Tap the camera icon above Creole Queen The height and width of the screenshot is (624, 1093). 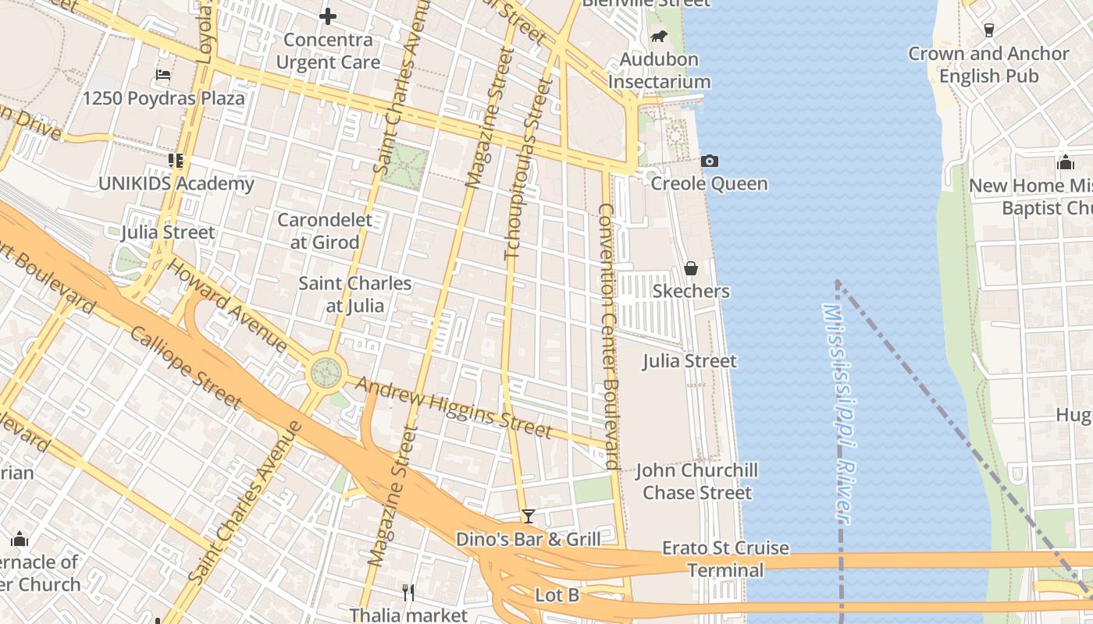[709, 161]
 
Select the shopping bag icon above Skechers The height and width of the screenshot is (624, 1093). [691, 269]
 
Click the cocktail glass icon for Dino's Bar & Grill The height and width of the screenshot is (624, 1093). [529, 516]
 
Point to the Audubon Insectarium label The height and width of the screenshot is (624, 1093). [659, 71]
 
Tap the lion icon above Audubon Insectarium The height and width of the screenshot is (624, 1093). [659, 37]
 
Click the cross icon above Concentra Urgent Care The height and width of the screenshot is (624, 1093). [328, 16]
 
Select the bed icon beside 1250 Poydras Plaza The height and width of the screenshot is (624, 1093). [163, 75]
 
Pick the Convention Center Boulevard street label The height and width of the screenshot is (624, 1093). [609, 335]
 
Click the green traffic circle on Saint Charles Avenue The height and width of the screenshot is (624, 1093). [326, 372]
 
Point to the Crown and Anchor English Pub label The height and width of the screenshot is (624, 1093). [988, 65]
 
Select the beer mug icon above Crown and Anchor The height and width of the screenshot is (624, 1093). [989, 30]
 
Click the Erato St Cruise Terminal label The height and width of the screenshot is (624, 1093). [725, 559]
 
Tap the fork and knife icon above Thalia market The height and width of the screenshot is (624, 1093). [408, 592]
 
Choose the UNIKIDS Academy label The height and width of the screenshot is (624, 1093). [176, 184]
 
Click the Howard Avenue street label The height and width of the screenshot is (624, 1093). [227, 305]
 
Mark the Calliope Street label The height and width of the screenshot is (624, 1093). [186, 367]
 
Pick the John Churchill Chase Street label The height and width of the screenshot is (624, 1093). [696, 481]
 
